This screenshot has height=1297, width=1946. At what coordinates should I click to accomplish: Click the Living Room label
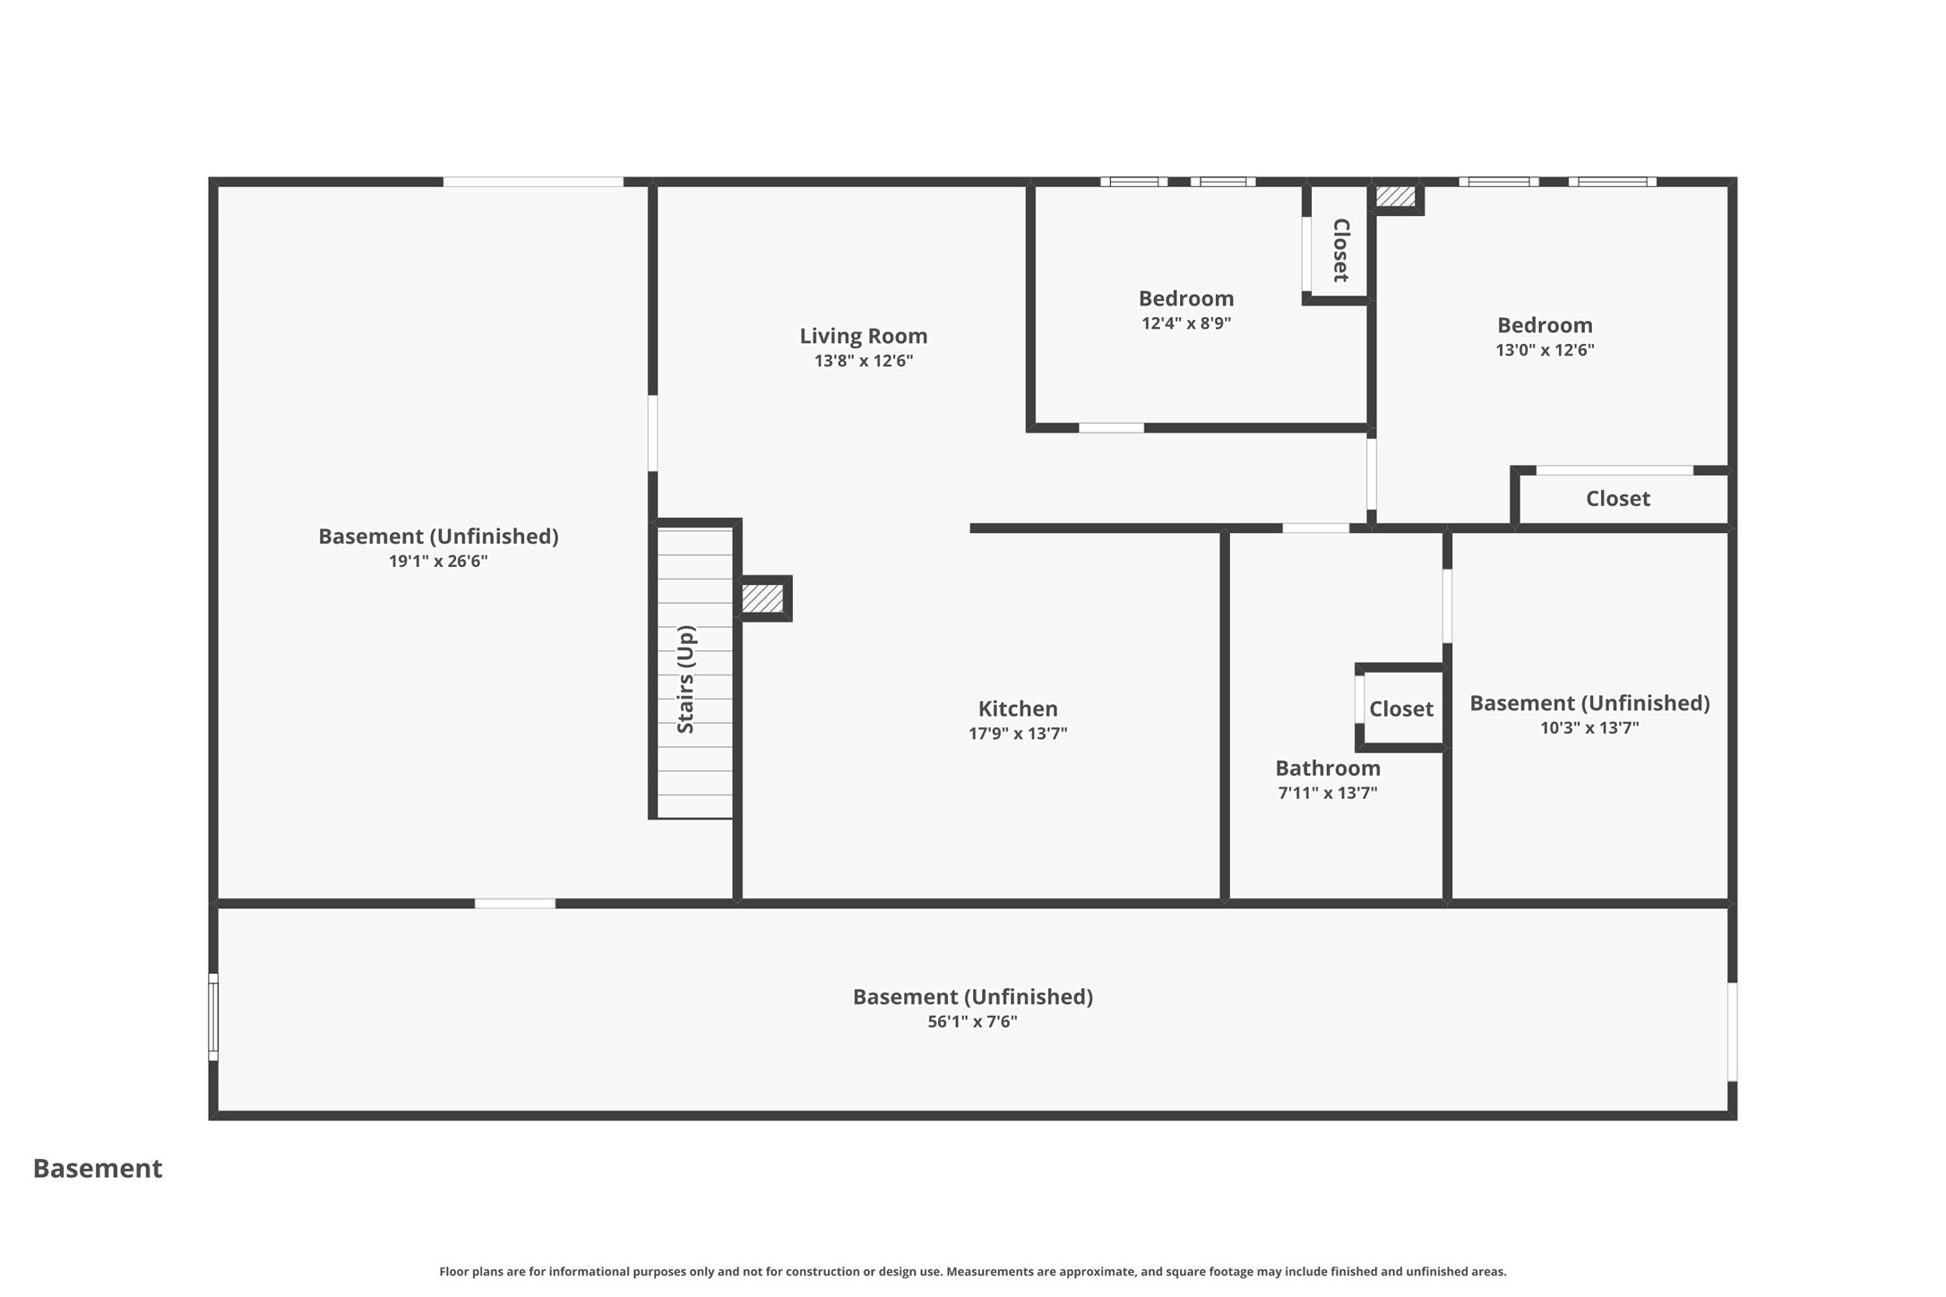[x=863, y=336]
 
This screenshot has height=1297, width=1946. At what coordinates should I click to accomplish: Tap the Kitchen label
[x=1018, y=709]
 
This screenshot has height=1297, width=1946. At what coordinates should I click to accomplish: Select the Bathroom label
[x=1328, y=768]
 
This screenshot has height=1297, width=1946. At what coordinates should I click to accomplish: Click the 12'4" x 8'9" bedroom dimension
[x=1186, y=323]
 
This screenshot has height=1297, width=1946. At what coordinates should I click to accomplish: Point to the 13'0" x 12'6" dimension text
[x=1545, y=350]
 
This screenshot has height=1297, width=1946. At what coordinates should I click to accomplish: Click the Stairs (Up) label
[x=685, y=679]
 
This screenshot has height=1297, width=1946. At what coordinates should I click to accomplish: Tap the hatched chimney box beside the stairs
[x=762, y=598]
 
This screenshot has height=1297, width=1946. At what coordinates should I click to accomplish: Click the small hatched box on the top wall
[x=1395, y=196]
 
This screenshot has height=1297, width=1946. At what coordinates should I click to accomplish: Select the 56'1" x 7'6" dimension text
[x=972, y=1022]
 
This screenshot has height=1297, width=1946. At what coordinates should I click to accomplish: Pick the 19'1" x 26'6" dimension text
[x=438, y=562]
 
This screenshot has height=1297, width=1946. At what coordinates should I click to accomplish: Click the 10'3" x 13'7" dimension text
[x=1589, y=728]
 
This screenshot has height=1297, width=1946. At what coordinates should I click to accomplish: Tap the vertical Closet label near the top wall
[x=1340, y=250]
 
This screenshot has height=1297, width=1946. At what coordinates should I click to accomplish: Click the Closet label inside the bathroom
[x=1401, y=709]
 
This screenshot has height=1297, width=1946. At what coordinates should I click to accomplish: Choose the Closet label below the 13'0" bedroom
[x=1618, y=498]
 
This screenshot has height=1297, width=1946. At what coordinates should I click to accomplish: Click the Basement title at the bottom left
[x=98, y=1168]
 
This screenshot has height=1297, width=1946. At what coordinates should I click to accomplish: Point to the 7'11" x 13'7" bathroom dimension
[x=1328, y=793]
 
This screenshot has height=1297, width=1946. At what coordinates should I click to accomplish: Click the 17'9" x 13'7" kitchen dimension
[x=1018, y=734]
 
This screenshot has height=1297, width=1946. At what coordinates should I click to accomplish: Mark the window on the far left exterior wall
[x=213, y=1018]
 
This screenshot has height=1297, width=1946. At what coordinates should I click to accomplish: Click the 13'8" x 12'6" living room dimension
[x=864, y=361]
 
